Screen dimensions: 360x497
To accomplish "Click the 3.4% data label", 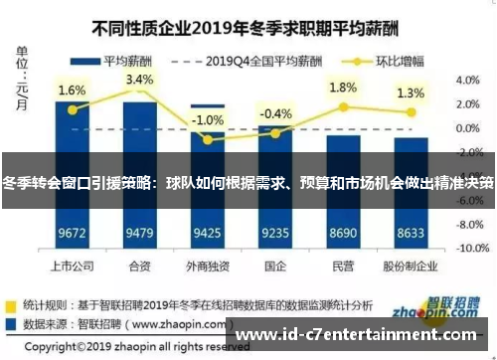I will [139, 80].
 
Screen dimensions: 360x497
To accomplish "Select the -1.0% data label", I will [208, 120].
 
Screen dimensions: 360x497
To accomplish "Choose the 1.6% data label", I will [72, 90].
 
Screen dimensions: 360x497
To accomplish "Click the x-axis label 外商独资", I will [207, 267].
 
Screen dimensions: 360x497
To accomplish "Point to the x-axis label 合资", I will [139, 267].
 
